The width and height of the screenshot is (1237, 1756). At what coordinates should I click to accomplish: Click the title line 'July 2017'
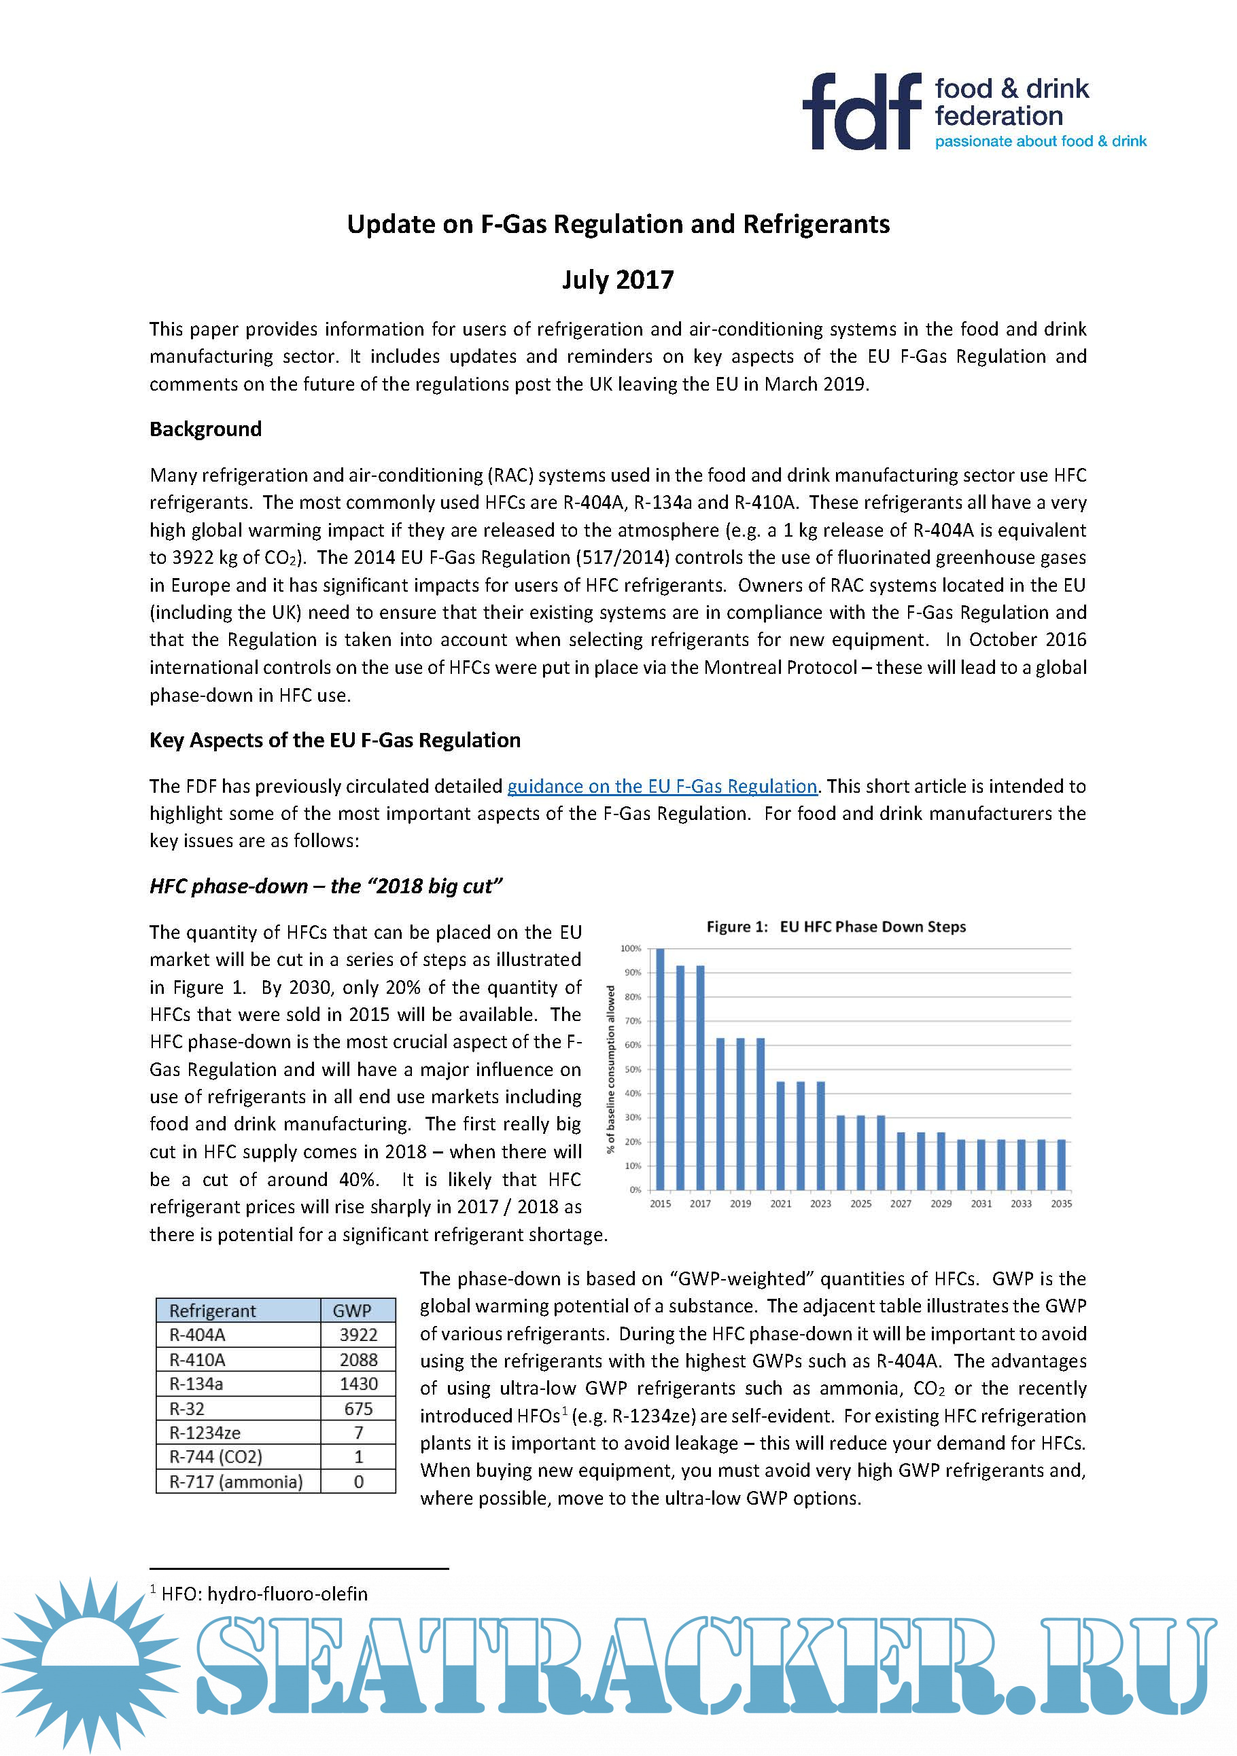(x=617, y=280)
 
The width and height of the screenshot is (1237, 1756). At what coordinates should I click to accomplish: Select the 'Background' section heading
(x=205, y=429)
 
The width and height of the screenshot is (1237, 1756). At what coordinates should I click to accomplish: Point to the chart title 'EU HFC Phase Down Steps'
(x=872, y=927)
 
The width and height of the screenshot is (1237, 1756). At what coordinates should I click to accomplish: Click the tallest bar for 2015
(x=660, y=1069)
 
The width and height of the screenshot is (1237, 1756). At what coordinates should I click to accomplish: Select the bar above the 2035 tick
(x=1061, y=1165)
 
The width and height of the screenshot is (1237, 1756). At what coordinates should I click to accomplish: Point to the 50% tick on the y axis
(x=632, y=1069)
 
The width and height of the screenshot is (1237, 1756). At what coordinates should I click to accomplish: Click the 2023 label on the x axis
(x=820, y=1204)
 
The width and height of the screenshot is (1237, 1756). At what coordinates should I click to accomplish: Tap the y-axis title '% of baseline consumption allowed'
(x=610, y=1069)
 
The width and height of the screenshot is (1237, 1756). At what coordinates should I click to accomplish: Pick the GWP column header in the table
(x=352, y=1311)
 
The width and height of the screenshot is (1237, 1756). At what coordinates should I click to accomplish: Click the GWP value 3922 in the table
(x=358, y=1336)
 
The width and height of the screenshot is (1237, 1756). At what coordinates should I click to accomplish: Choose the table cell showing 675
(x=358, y=1409)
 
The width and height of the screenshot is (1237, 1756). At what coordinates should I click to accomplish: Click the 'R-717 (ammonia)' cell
(x=236, y=1482)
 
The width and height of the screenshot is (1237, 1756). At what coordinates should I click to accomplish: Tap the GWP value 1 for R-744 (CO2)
(x=358, y=1457)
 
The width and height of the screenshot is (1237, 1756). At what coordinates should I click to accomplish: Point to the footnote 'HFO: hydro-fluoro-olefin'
(x=264, y=1594)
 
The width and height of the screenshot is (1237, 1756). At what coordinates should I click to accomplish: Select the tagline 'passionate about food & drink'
(x=1041, y=141)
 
